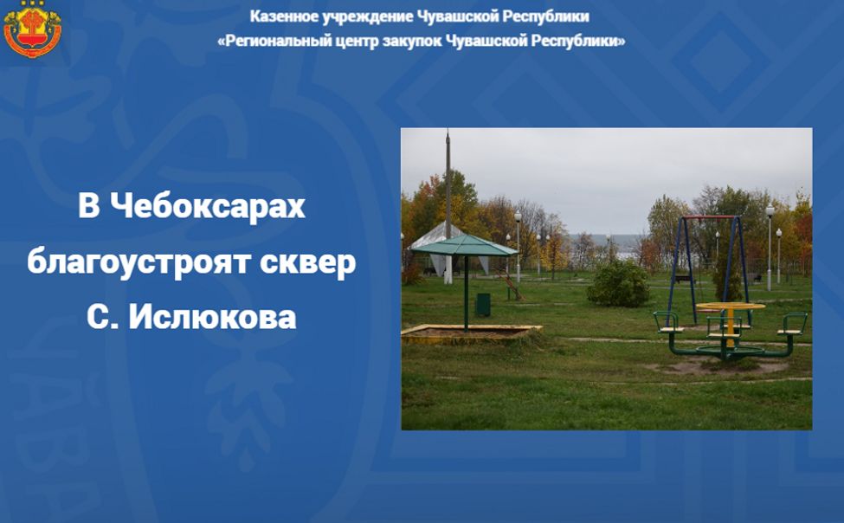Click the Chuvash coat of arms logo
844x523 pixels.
click(32, 29)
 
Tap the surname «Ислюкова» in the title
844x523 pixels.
click(213, 317)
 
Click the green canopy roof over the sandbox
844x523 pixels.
click(464, 245)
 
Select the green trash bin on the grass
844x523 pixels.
click(483, 305)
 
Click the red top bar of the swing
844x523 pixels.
click(709, 217)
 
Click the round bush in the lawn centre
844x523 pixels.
click(618, 283)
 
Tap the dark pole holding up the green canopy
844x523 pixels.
click(466, 290)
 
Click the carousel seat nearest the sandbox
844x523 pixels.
click(667, 325)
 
